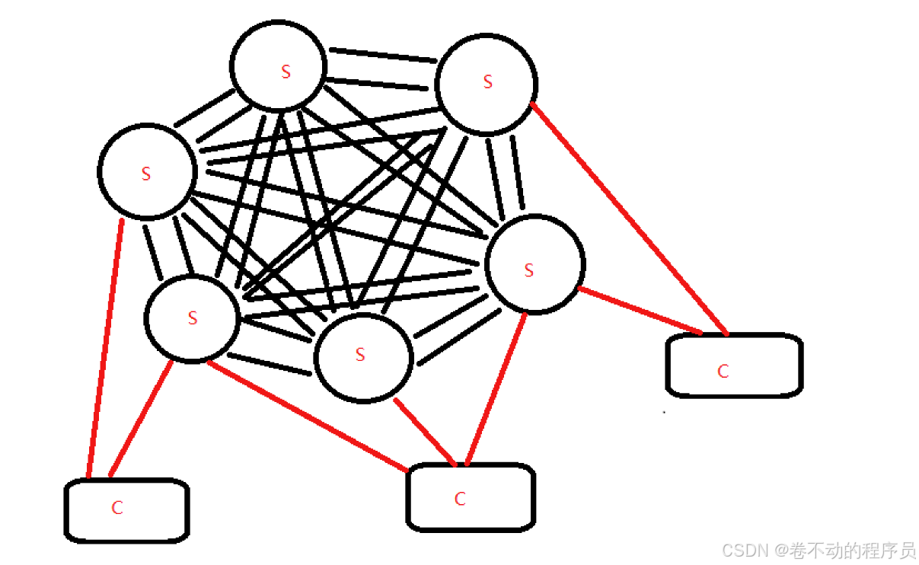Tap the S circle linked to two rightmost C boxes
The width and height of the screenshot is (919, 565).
(534, 264)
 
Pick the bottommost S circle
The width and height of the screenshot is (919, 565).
(363, 357)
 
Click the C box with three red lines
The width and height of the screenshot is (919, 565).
(470, 496)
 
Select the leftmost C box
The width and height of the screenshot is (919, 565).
(126, 509)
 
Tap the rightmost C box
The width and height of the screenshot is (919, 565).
(733, 365)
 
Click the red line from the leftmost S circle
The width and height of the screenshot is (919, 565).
(105, 350)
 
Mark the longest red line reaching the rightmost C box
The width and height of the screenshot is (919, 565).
(628, 218)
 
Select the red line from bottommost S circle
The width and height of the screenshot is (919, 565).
(425, 431)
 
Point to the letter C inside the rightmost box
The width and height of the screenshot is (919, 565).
(723, 372)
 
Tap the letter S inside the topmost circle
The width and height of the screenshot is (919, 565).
(286, 72)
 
